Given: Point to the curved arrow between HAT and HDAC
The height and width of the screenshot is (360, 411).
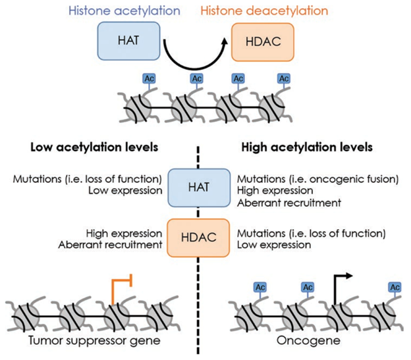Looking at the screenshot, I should coord(195,56).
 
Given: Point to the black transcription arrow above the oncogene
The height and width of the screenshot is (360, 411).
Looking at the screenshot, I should coord(341,283).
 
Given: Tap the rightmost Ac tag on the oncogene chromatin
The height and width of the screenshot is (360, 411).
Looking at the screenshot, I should coord(395,288).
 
